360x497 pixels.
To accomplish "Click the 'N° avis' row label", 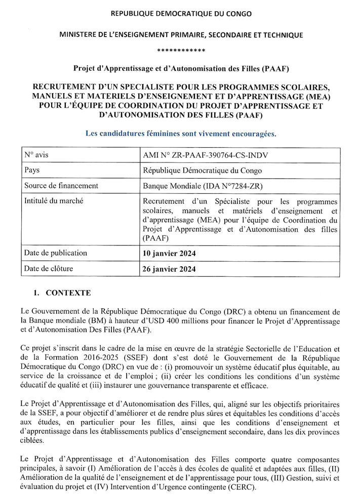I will click(36, 155).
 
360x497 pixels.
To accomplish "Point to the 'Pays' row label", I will click(32, 171).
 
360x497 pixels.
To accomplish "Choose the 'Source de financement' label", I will click(61, 186).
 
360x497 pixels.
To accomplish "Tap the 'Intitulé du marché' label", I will click(54, 201).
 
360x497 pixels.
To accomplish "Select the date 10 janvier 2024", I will click(169, 254).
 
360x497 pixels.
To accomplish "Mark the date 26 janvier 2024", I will click(169, 269).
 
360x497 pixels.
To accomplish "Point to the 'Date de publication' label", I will click(56, 253).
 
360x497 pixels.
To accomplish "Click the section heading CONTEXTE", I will click(68, 293).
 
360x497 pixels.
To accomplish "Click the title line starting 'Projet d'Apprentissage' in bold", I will click(181, 68).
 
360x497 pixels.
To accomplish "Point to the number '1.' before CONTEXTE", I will click(36, 293).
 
